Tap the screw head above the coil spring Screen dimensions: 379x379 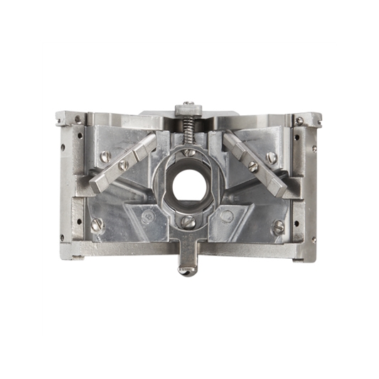pos(188,105)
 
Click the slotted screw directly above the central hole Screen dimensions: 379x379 pos(188,151)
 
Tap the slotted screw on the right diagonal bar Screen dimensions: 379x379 pos(252,166)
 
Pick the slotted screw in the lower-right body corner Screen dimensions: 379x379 pos(278,226)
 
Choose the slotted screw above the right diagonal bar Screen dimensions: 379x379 pos(271,158)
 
